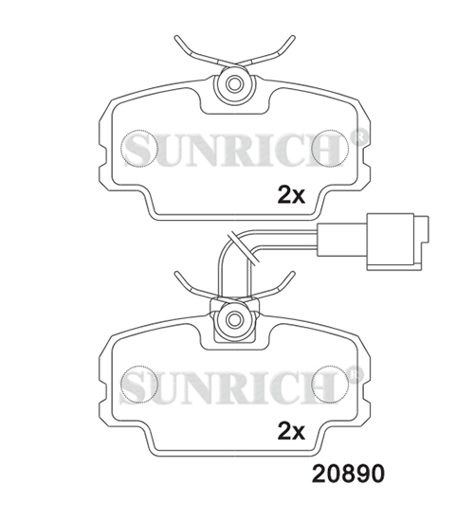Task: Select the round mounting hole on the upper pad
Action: [231, 83]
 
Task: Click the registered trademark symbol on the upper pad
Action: [358, 135]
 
